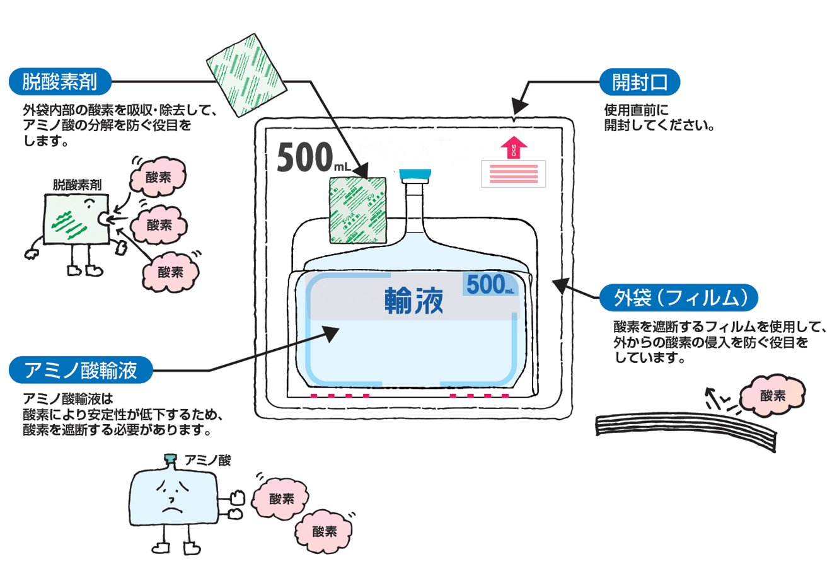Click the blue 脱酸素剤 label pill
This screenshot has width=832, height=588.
point(60,81)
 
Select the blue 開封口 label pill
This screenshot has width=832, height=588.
point(639,82)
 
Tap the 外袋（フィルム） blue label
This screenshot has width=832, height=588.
point(678,297)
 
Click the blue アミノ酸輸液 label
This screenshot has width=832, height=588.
point(81,370)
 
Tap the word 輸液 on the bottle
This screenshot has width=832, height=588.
point(414,301)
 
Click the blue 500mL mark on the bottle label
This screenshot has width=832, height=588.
point(490,285)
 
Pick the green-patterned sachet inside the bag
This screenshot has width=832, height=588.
point(357,210)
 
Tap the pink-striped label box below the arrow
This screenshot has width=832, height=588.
point(513,174)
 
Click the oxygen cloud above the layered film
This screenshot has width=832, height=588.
point(772,396)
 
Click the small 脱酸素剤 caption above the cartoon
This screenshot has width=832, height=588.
point(77,185)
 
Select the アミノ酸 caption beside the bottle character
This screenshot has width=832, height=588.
point(207,461)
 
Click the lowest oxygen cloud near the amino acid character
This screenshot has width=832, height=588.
point(324,531)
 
